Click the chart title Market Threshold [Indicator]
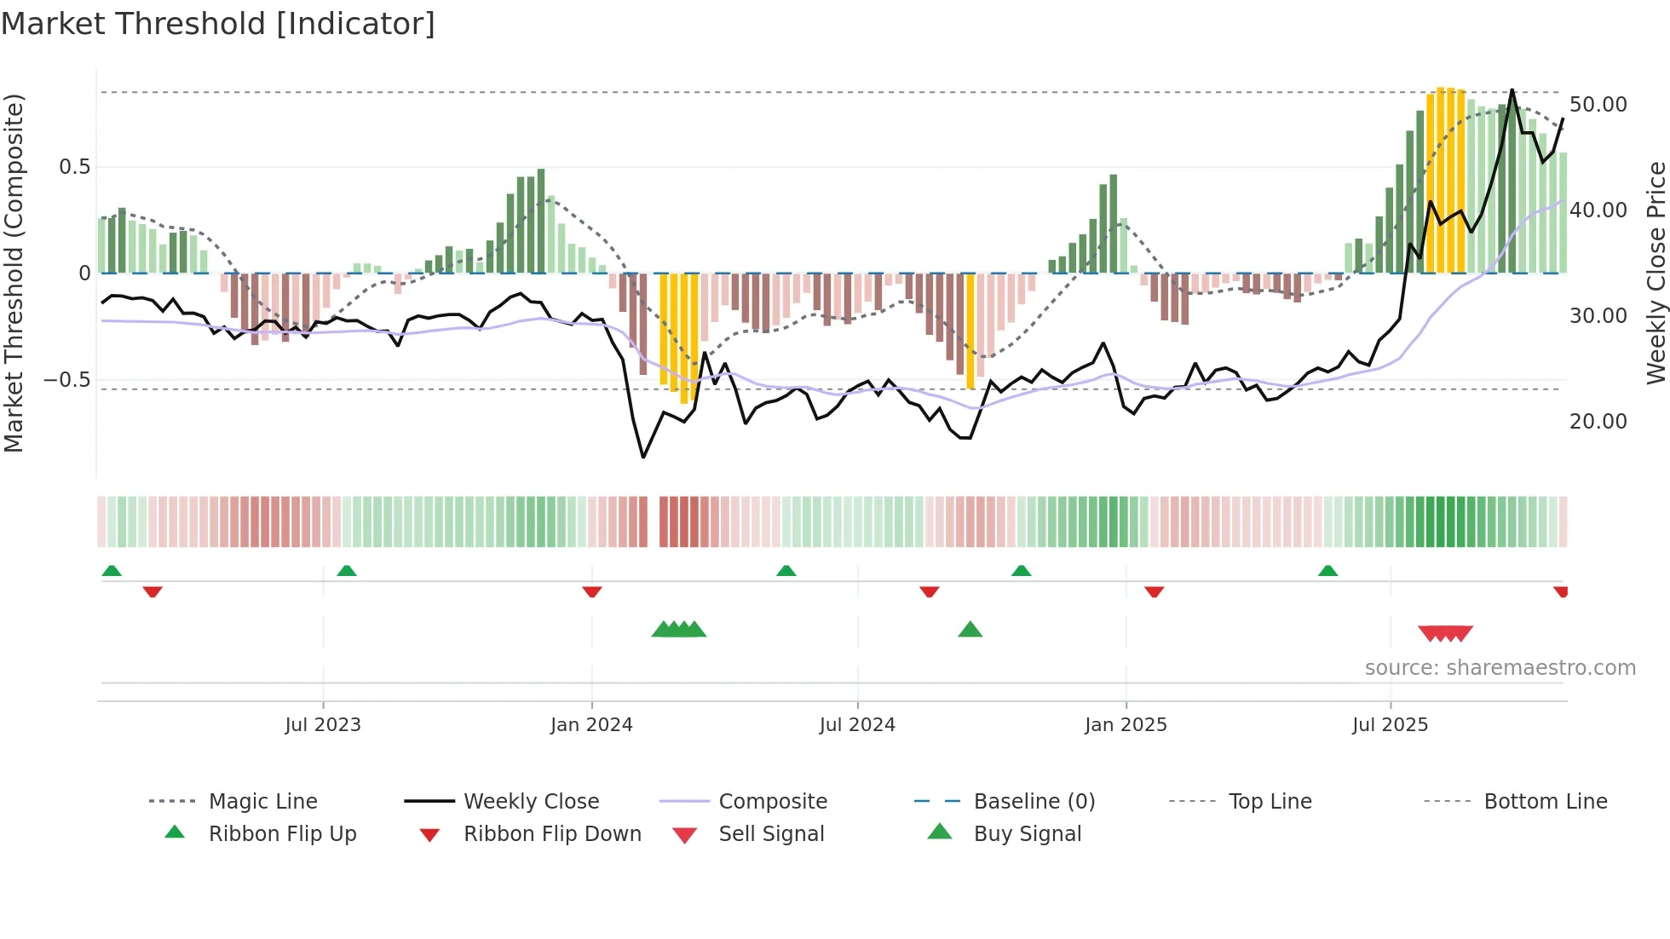[x=218, y=24]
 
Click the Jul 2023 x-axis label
[x=323, y=725]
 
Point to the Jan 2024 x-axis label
[x=591, y=725]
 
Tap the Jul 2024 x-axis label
[x=857, y=725]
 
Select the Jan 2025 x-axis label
[x=1126, y=725]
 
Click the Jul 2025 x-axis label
[x=1390, y=725]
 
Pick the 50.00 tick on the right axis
[x=1598, y=105]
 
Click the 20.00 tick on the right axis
[x=1598, y=422]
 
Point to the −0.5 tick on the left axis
[x=67, y=380]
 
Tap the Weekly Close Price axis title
[x=1656, y=273]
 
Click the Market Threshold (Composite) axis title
[x=14, y=273]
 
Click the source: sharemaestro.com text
[x=1500, y=668]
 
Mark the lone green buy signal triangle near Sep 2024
[x=970, y=631]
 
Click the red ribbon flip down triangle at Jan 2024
[x=592, y=591]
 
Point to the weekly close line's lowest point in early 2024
[x=643, y=458]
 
